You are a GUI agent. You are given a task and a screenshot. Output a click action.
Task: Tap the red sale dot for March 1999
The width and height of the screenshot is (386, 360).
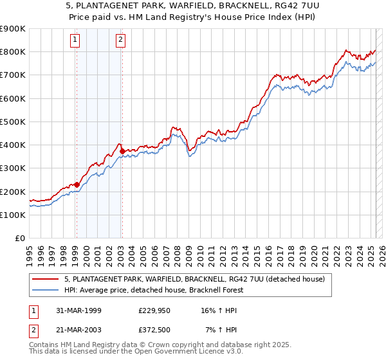[77, 184]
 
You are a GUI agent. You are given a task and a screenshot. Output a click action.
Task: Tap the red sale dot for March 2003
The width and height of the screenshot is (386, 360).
[122, 152]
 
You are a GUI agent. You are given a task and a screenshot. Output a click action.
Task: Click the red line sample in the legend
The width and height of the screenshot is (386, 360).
[44, 279]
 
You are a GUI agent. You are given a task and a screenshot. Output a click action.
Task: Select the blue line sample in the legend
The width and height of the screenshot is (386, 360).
[44, 290]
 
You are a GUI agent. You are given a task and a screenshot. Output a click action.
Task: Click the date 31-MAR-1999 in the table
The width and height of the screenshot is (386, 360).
[78, 311]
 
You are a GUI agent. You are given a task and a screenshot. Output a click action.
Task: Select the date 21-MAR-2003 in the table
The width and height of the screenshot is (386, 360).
[78, 330]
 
